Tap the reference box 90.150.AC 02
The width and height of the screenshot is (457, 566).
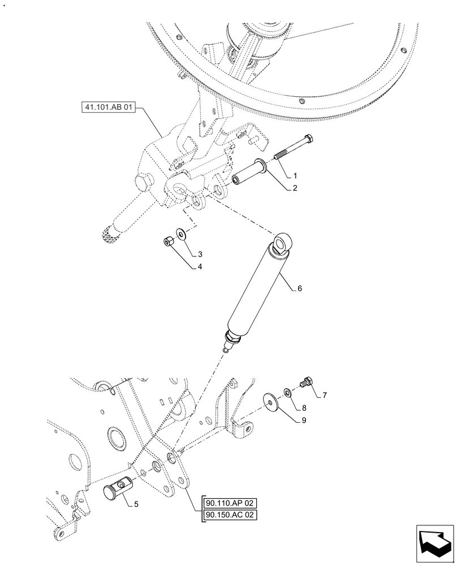[x=232, y=516]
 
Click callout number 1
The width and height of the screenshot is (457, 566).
[x=295, y=176]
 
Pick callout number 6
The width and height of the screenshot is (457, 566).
[x=300, y=288]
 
